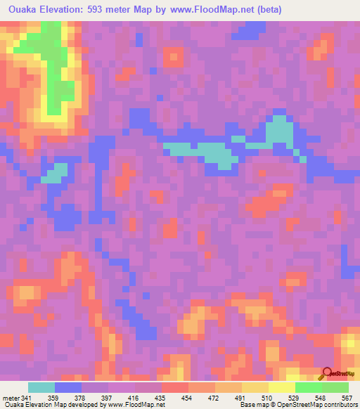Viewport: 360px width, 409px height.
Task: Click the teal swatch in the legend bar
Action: coord(41,387)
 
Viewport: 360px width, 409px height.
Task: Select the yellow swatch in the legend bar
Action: coord(282,387)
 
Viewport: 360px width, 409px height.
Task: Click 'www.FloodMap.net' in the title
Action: coord(215,9)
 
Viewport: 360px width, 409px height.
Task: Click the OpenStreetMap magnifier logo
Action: coord(328,374)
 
